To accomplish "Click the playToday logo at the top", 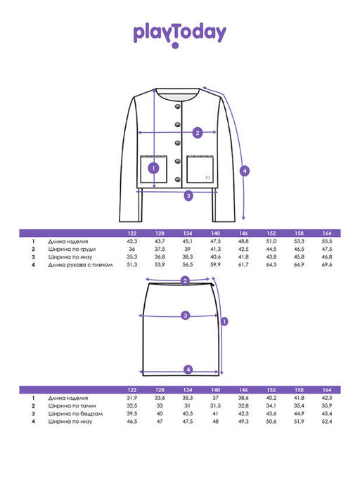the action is [179, 34].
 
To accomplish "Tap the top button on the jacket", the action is [178, 106].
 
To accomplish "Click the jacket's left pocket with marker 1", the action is [153, 169].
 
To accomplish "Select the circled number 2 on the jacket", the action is [198, 133].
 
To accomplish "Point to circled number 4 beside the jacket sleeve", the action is [245, 171].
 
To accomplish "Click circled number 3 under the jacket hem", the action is [188, 195].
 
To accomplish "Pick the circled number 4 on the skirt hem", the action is [188, 370].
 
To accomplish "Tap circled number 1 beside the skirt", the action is [224, 321].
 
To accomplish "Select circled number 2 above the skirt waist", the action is [185, 280].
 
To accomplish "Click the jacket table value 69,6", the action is [327, 264].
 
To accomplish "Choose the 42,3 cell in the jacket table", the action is [131, 241].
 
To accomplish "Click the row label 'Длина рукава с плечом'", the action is [80, 265].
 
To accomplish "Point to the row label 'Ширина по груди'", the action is [72, 249].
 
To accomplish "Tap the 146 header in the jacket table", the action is [243, 233].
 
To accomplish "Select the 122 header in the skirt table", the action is [131, 390].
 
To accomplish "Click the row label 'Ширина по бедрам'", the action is [75, 414].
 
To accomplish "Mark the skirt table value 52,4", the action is [327, 421].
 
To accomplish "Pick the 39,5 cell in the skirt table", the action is [131, 413].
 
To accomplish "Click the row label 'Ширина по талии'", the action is [72, 406].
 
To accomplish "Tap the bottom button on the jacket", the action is [178, 179].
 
